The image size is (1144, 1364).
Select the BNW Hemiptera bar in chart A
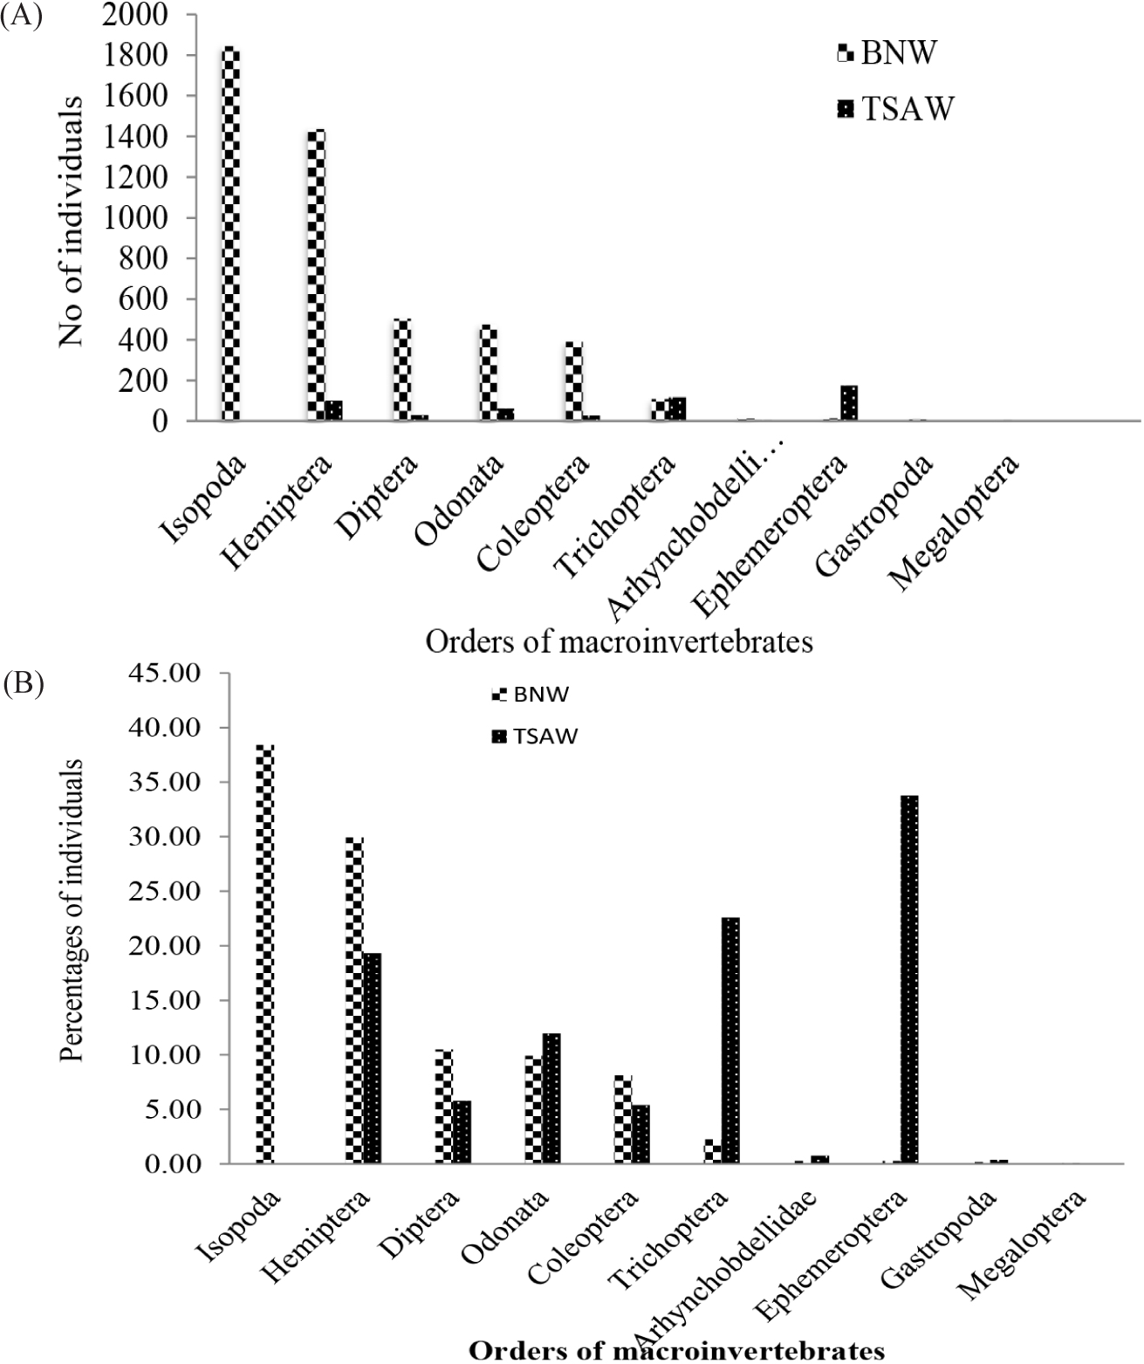[315, 275]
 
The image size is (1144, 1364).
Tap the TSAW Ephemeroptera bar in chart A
[849, 403]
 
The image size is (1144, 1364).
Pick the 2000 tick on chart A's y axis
[139, 16]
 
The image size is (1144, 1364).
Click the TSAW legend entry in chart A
[898, 110]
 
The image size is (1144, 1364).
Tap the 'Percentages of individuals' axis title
[72, 910]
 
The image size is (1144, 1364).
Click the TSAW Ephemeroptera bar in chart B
[909, 979]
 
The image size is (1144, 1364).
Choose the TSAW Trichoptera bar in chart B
[730, 1040]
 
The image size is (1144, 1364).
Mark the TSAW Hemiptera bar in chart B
[373, 1058]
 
